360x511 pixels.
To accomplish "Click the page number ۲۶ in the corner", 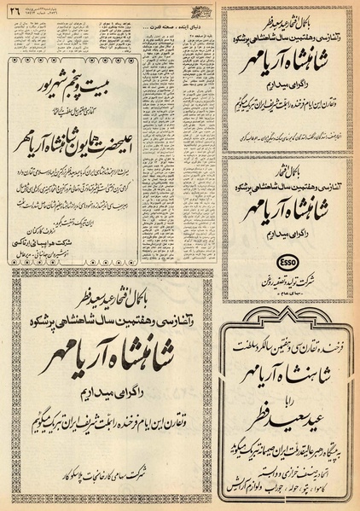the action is coord(18,11).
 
